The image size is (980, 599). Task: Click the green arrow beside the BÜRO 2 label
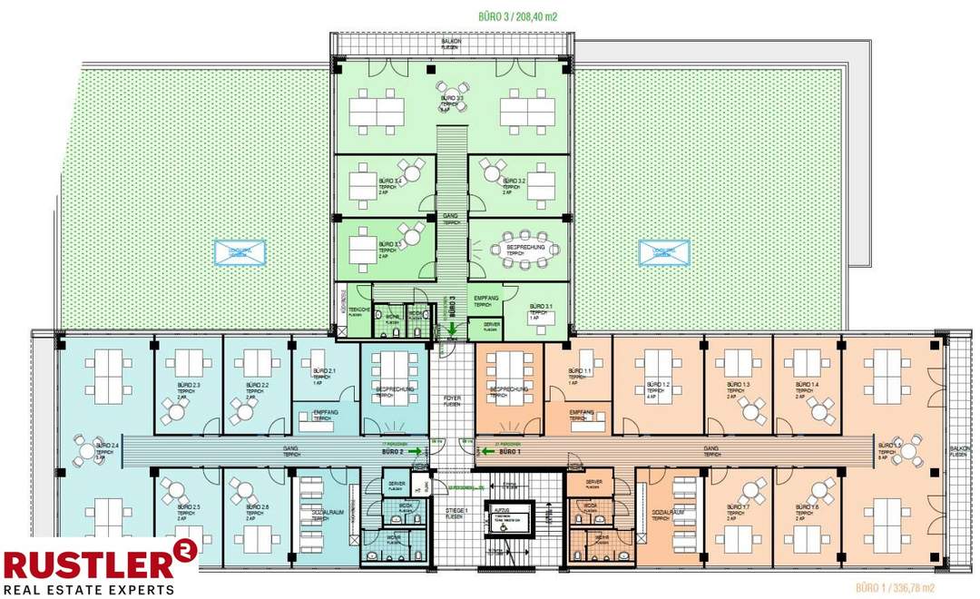[414, 451]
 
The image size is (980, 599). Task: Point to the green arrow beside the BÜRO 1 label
[488, 451]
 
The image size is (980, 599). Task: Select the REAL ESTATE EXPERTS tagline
[88, 589]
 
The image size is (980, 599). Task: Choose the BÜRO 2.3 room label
[189, 387]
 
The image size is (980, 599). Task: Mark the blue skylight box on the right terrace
[663, 253]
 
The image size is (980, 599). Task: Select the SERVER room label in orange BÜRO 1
[594, 483]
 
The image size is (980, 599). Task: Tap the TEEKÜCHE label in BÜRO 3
[358, 310]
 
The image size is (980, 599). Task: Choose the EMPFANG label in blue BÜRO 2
[325, 413]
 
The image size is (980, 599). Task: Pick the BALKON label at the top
[451, 42]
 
